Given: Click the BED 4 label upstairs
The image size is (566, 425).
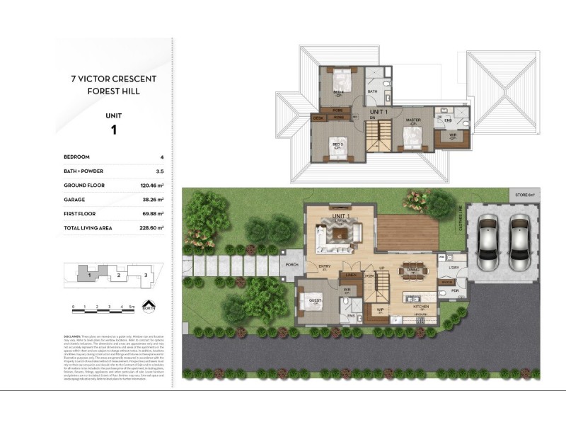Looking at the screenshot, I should click(339, 92).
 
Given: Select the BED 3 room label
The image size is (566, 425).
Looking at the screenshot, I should click(337, 144).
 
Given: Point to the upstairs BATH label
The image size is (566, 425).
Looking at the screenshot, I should click(372, 91).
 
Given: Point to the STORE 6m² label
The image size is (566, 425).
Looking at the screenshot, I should click(524, 193).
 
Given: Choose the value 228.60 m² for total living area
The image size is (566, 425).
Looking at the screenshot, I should click(151, 228).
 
